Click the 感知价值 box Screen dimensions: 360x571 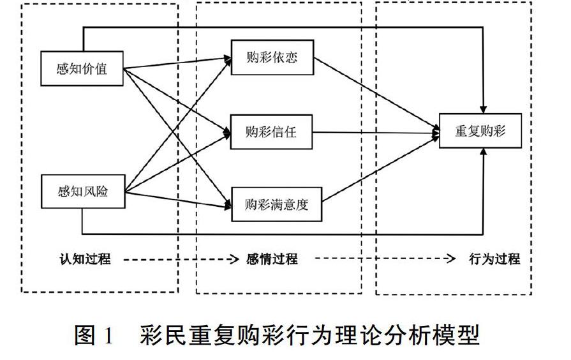pos(82,68)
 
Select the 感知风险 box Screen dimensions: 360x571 pos(82,191)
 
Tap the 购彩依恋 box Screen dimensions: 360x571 pos(272,59)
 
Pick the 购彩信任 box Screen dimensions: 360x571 pos(272,132)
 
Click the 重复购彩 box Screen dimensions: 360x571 pos(480,131)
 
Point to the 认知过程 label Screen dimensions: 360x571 pos(85,259)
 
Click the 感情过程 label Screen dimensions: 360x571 pos(272,259)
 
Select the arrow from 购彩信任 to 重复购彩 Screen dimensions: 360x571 pos(376,133)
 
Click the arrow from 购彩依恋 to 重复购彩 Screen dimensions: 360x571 pos(376,95)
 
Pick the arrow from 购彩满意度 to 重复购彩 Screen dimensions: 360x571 pos(376,168)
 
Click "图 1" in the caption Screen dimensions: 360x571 pos(94,334)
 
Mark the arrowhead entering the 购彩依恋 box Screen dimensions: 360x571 pos(228,59)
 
